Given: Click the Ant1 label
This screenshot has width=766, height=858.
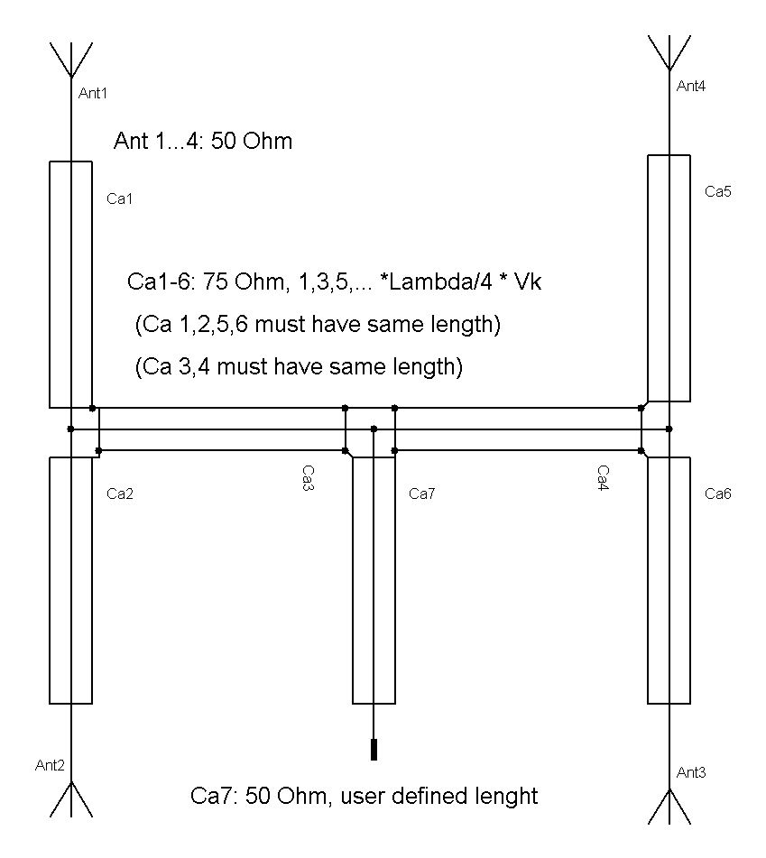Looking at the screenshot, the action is click(x=92, y=94).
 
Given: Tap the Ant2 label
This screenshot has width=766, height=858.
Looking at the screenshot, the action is click(x=50, y=765).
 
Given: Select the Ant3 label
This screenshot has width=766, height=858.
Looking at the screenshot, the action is click(x=691, y=772).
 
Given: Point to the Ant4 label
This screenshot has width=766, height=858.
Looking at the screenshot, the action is click(x=691, y=86).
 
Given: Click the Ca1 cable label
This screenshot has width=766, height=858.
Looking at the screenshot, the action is click(x=120, y=198).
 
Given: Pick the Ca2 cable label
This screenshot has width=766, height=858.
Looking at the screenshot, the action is click(x=120, y=494).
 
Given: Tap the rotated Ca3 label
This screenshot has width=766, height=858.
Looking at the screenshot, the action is click(x=308, y=478).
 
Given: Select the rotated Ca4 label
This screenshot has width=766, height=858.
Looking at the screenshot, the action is click(x=603, y=478).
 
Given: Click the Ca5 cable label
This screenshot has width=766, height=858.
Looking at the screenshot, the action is click(x=718, y=191).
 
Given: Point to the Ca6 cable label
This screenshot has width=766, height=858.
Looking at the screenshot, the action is click(x=718, y=494).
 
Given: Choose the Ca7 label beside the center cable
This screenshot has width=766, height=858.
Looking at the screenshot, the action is click(x=422, y=494).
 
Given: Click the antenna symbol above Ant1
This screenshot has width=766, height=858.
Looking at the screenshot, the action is click(x=70, y=60).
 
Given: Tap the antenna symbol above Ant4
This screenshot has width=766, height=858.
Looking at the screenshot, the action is click(x=669, y=53).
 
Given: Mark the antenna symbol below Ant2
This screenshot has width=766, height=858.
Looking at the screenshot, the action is click(x=70, y=799).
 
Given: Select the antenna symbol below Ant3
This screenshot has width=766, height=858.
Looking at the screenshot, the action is click(x=669, y=807).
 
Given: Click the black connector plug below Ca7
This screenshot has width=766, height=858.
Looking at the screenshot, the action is click(x=374, y=750).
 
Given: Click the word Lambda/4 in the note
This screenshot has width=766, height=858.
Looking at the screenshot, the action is click(x=439, y=281).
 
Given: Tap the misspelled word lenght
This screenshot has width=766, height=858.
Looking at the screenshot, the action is click(x=505, y=797).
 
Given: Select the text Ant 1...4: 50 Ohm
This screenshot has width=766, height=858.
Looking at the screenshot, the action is click(x=203, y=141).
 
